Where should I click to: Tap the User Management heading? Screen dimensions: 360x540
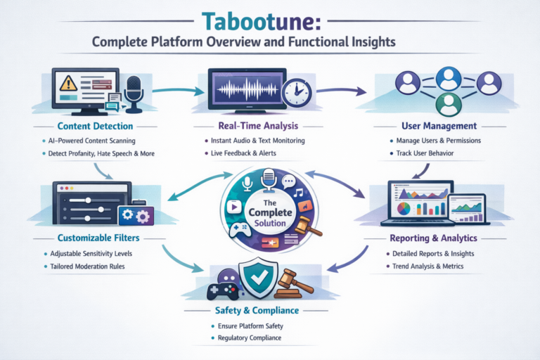pyautogui.click(x=439, y=126)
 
